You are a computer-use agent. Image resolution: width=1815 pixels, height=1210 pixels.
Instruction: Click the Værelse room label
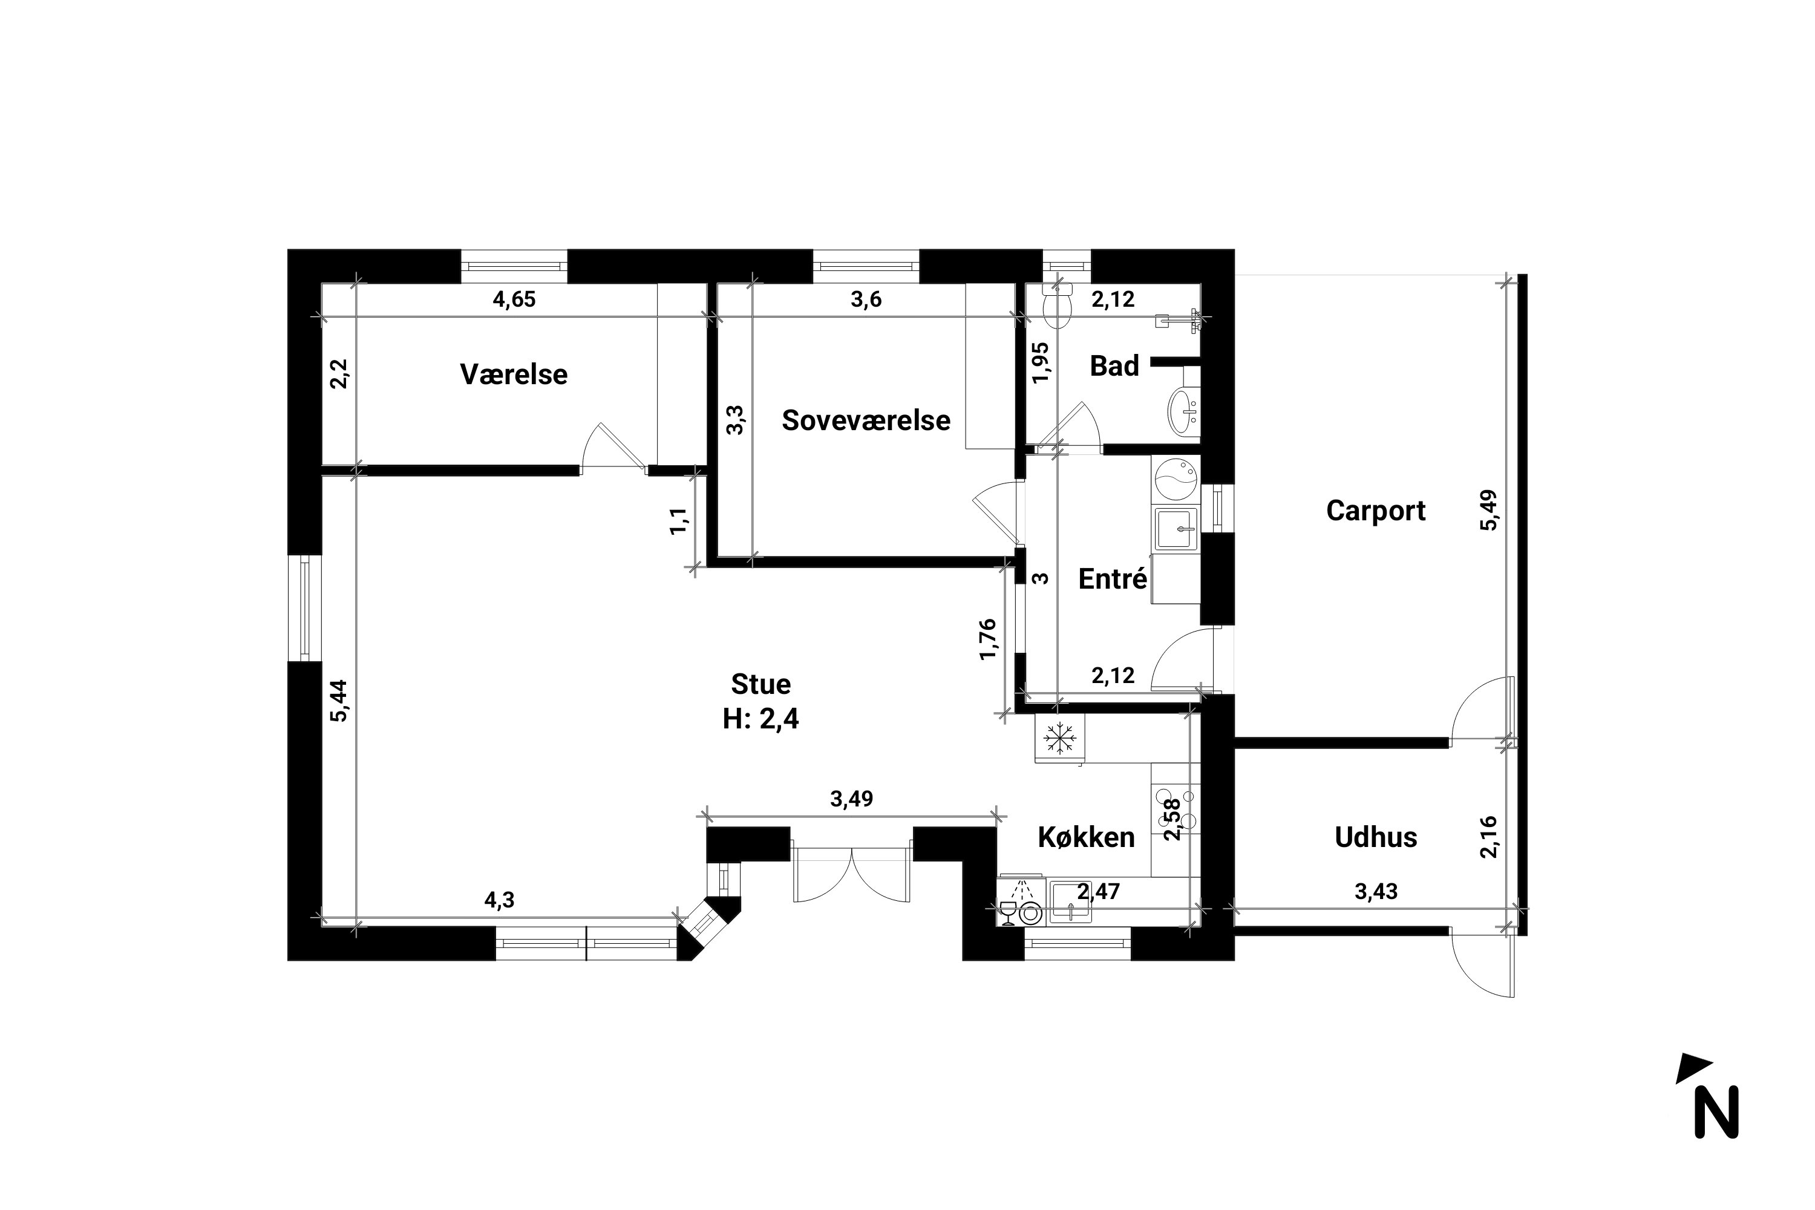[x=513, y=374]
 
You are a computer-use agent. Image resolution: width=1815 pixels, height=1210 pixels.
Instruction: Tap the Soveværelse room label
[x=866, y=420]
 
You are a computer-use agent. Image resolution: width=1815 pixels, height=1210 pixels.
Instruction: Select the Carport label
[x=1375, y=511]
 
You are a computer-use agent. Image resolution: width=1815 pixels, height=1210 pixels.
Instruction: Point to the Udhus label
[x=1375, y=837]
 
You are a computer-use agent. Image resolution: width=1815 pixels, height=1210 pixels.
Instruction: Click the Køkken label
[x=1086, y=837]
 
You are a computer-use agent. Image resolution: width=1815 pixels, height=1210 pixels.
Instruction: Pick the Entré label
[x=1112, y=579]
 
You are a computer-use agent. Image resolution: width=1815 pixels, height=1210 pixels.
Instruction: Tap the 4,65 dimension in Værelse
[x=514, y=299]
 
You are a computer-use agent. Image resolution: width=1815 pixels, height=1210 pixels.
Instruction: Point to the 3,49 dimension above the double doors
[x=851, y=799]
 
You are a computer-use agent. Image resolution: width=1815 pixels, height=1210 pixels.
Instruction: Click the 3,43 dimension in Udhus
[x=1376, y=891]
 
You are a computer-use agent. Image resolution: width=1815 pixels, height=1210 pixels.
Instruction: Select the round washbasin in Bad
[x=1183, y=411]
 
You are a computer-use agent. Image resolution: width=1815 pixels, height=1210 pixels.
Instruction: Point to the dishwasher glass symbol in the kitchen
[x=1007, y=912]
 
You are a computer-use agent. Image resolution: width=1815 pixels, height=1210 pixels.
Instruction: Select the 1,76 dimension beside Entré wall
[x=989, y=639]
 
